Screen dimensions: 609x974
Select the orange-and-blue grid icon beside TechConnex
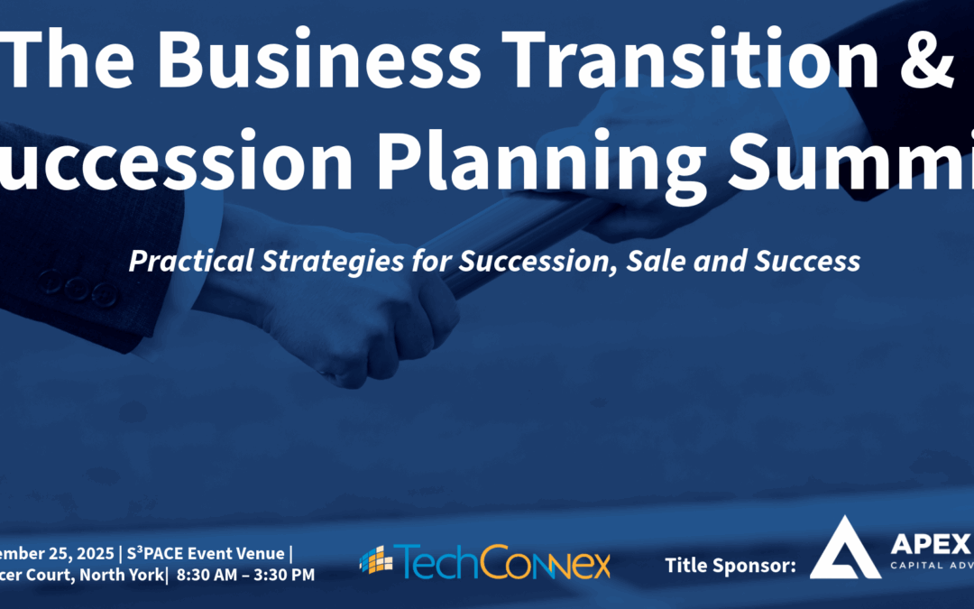click(x=376, y=560)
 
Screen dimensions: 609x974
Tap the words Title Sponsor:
click(x=730, y=566)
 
